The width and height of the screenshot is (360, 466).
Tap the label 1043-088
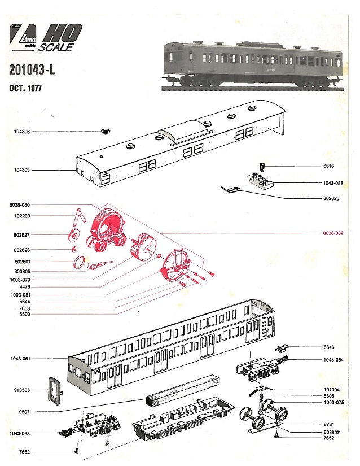pos(333,183)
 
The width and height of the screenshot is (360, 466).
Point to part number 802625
pos(333,198)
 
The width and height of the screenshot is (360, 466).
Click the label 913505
pos(21,390)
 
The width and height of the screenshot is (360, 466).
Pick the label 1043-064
pos(333,359)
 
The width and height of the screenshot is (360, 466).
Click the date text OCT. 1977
pos(25,89)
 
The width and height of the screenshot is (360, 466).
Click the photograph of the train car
pos(251,63)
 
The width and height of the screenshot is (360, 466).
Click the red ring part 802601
pos(80,262)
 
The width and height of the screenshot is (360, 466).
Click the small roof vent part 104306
pos(105,132)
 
